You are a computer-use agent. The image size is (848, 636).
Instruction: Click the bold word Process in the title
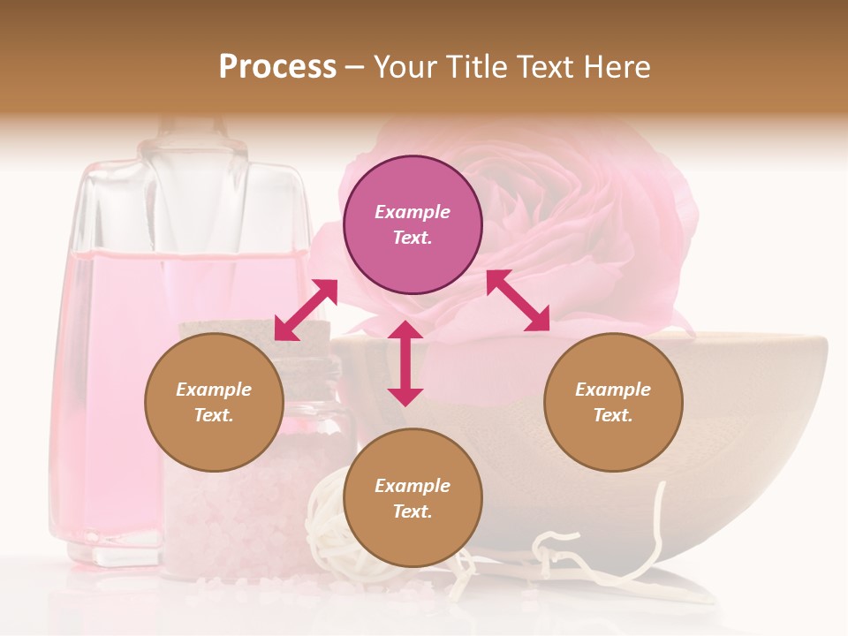tap(277, 67)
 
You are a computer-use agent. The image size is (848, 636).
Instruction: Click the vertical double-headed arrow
tap(405, 363)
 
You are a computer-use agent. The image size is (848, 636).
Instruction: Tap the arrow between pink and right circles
tap(518, 300)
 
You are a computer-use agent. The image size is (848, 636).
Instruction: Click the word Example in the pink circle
tap(413, 212)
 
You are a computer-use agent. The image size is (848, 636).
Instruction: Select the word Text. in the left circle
tap(214, 415)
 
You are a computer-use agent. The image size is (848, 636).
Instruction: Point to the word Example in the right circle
tap(613, 390)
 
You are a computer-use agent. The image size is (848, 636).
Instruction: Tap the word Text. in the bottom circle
tap(413, 511)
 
